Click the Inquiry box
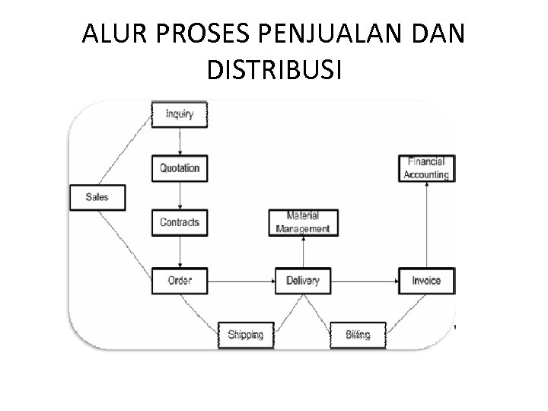tap(180, 115)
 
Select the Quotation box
tap(180, 168)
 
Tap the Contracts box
tap(180, 222)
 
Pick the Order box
tap(180, 281)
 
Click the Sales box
tap(97, 197)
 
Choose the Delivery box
tap(303, 281)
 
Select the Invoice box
tap(426, 281)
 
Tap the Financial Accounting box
tap(426, 168)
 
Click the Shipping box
tap(245, 334)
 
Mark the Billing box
tap(358, 334)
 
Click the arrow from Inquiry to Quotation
tap(180, 142)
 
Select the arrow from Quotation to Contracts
tap(180, 196)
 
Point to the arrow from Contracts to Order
tap(180, 251)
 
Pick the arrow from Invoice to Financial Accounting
tap(426, 225)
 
